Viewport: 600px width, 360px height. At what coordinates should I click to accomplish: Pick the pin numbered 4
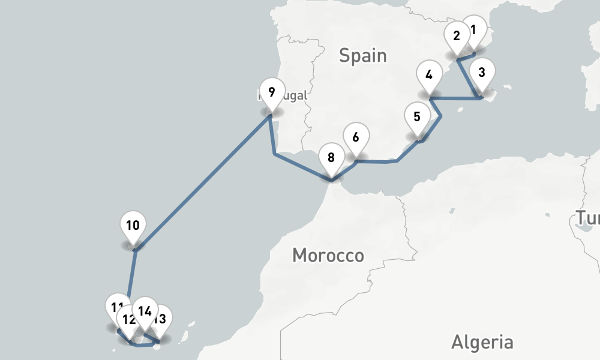click(x=428, y=77)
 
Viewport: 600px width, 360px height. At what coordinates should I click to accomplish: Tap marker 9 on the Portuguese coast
click(x=272, y=94)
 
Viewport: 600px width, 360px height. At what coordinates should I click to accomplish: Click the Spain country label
click(x=362, y=56)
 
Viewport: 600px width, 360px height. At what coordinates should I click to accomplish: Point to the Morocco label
click(x=328, y=256)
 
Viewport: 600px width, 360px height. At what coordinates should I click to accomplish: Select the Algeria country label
click(x=482, y=343)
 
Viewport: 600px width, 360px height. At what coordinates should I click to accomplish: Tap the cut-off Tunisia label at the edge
click(x=588, y=218)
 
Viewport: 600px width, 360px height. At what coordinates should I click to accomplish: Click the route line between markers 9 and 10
click(x=204, y=182)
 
